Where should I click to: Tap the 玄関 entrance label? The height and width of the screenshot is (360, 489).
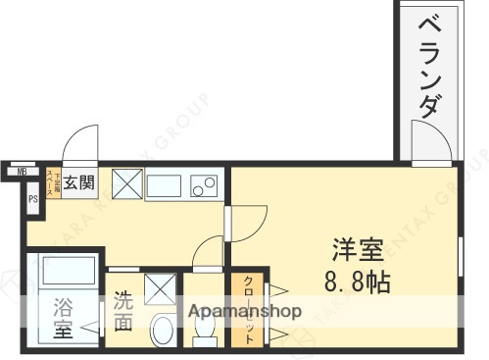[x=80, y=181]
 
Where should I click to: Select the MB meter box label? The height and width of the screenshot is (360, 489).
[x=19, y=174]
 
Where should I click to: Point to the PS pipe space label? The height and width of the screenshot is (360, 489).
[x=32, y=200]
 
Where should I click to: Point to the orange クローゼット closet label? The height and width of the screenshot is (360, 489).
[x=248, y=309]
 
